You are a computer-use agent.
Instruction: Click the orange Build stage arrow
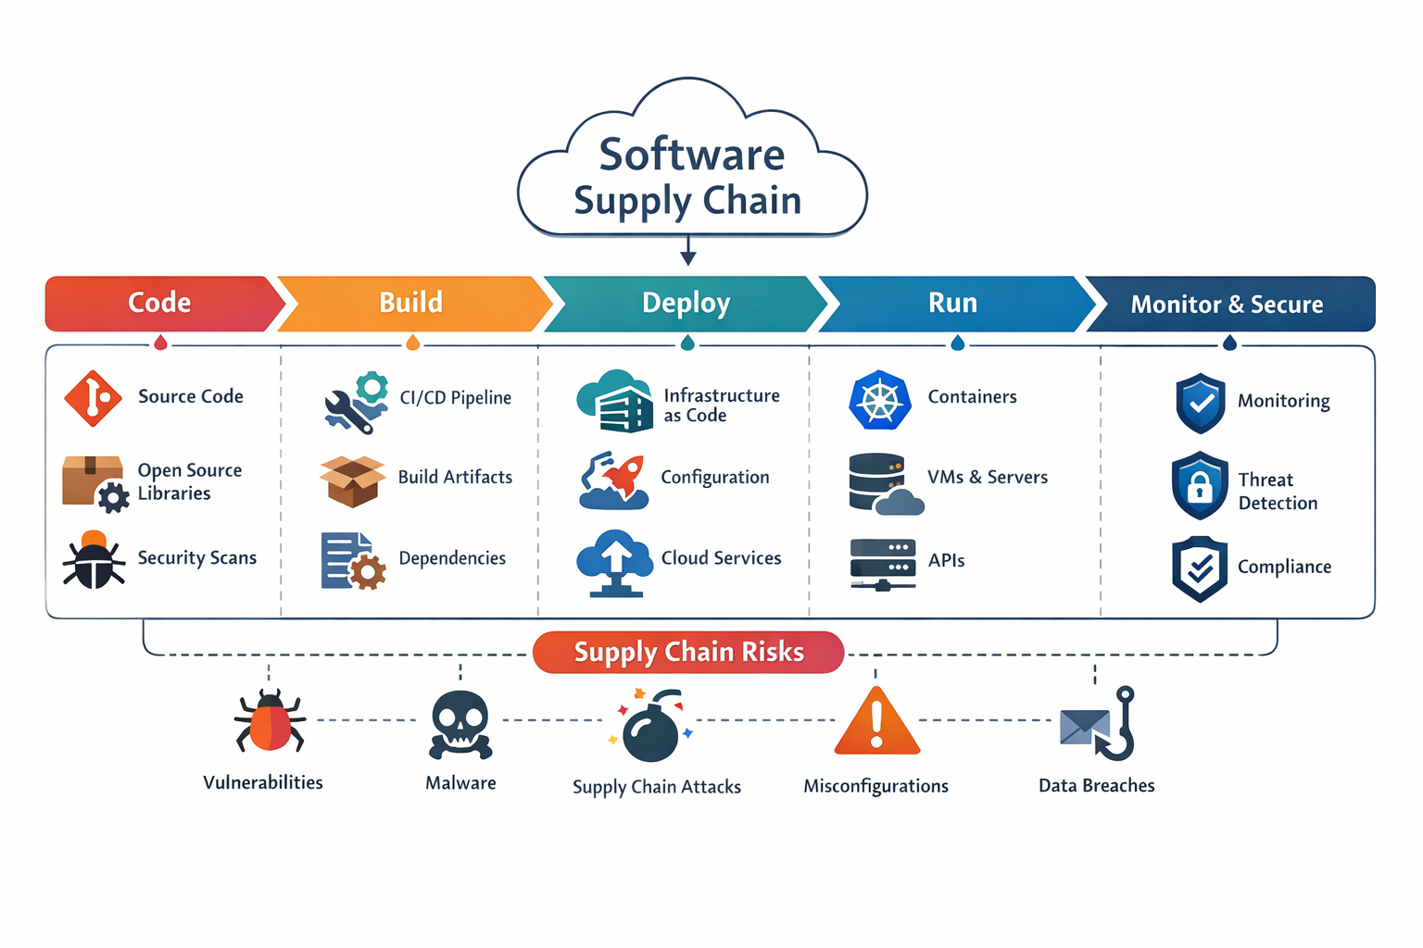411,304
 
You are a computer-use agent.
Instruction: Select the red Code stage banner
159,304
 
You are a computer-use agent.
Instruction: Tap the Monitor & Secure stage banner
1227,305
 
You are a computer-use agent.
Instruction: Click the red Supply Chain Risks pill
688,653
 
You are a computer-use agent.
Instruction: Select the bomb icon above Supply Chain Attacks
651,728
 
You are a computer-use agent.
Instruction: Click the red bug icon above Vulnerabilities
270,722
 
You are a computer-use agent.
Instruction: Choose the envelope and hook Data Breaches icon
1098,724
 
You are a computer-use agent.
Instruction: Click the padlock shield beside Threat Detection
1200,485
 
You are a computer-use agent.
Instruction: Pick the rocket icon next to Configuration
613,480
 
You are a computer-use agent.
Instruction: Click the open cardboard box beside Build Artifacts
352,480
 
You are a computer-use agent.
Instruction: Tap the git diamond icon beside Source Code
93,398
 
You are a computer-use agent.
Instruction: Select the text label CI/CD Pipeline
455,398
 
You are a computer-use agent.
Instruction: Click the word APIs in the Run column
946,561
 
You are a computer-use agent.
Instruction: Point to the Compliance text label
1284,568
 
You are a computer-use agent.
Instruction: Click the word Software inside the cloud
691,155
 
